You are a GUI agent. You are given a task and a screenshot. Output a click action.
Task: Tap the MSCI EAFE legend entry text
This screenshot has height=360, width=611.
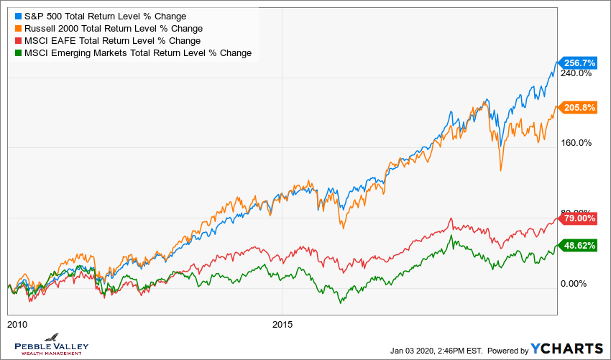pyautogui.click(x=112, y=41)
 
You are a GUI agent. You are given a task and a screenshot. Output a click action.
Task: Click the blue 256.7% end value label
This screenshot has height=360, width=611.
pyautogui.click(x=579, y=63)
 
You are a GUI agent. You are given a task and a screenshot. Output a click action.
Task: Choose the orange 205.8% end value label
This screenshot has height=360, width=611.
pyautogui.click(x=579, y=108)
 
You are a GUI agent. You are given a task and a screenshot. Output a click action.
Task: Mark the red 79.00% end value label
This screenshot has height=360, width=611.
pyautogui.click(x=580, y=218)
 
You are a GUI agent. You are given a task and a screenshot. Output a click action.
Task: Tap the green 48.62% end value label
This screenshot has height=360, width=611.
pyautogui.click(x=580, y=245)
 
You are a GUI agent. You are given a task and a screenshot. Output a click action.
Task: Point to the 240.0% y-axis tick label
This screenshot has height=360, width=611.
pyautogui.click(x=576, y=73)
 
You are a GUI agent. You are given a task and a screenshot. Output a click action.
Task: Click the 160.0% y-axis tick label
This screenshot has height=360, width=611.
pyautogui.click(x=576, y=143)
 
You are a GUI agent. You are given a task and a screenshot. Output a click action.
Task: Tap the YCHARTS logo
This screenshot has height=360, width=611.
pyautogui.click(x=567, y=349)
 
